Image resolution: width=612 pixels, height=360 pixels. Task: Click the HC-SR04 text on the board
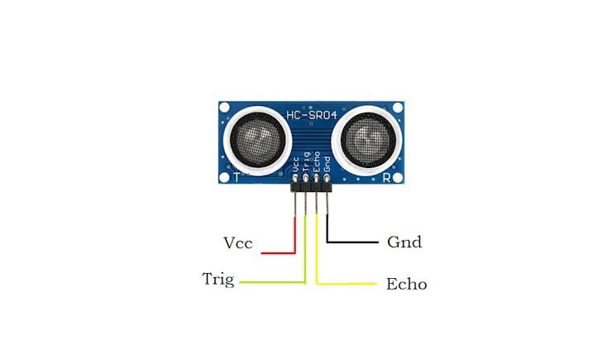(310, 114)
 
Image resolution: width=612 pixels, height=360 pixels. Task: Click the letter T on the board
(237, 176)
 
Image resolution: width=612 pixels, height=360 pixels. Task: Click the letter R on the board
(386, 176)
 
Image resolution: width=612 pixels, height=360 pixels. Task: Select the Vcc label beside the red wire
(237, 243)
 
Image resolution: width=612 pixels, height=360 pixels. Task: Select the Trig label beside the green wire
(218, 279)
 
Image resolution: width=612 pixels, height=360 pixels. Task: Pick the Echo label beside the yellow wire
(406, 284)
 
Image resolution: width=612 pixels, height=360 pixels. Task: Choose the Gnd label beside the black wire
(404, 242)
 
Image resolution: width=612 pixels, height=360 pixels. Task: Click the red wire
(294, 236)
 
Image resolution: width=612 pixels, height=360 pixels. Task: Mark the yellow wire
(318, 257)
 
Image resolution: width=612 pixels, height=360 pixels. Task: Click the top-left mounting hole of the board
(224, 107)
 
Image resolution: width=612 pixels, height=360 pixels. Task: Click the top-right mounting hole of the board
(398, 107)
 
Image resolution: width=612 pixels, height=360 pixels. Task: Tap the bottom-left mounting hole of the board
(224, 176)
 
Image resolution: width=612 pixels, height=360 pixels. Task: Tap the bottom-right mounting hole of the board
(399, 175)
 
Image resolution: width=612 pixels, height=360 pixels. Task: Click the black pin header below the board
(311, 190)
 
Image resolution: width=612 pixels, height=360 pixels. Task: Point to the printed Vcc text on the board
(295, 163)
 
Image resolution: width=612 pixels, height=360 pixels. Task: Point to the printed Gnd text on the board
(328, 163)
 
